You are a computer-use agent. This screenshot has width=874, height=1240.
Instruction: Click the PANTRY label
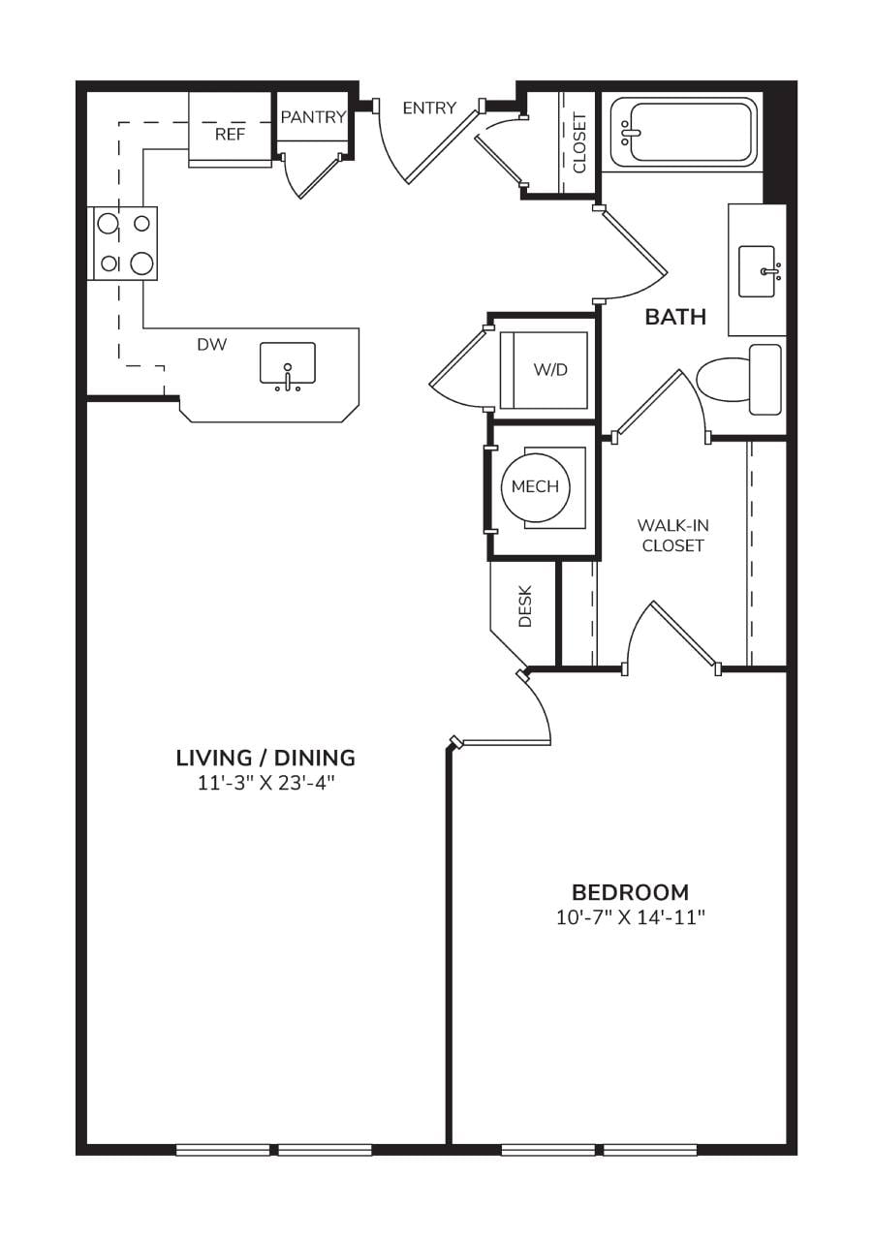pos(313,117)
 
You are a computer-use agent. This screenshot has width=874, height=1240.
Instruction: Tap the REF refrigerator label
pos(230,135)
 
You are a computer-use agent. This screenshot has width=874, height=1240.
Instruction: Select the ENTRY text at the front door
pos(429,108)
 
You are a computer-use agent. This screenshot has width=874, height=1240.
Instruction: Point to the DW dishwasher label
pos(212,345)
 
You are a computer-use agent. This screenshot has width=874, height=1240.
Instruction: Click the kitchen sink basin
pos(288,362)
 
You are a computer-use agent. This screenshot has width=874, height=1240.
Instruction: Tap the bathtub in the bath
pos(683,133)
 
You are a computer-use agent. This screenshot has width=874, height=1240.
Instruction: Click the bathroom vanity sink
pos(757,271)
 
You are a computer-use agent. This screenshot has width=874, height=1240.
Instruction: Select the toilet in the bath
pos(738,380)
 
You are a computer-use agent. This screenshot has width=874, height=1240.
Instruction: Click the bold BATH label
pos(675,317)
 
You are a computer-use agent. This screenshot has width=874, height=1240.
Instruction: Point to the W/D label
pos(550,370)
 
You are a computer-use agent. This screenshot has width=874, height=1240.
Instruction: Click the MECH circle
pos(535,486)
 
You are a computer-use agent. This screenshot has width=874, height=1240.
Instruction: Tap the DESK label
pos(525,606)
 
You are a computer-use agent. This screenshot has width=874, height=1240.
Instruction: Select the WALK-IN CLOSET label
pos(673,535)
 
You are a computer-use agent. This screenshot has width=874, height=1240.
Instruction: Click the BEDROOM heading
pos(630,893)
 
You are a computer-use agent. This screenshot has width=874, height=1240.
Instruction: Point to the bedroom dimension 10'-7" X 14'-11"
pos(630,918)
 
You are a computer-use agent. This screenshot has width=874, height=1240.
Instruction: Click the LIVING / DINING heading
pos(265,758)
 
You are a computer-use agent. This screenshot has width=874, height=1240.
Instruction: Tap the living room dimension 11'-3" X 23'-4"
pos(266,784)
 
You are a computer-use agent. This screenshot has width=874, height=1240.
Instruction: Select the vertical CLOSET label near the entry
pos(579,143)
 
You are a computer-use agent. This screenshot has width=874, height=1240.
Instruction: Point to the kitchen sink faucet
pos(288,377)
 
